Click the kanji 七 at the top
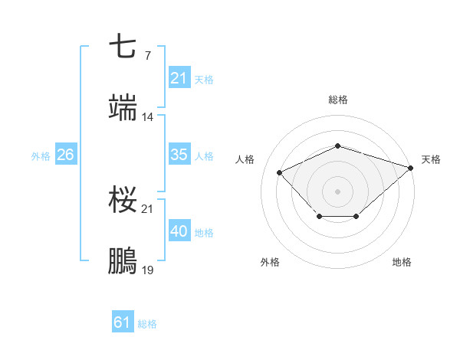pyautogui.click(x=123, y=47)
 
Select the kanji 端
pyautogui.click(x=123, y=108)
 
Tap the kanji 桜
pyautogui.click(x=123, y=200)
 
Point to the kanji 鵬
pyautogui.click(x=123, y=261)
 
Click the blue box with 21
pyautogui.click(x=179, y=78)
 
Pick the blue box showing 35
pyautogui.click(x=179, y=155)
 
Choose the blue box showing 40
pyautogui.click(x=179, y=231)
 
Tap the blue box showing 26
pyautogui.click(x=65, y=155)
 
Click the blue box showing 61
pyautogui.click(x=123, y=322)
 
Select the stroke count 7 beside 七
pyautogui.click(x=147, y=55)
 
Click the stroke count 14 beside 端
pyautogui.click(x=147, y=117)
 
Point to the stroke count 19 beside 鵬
pyautogui.click(x=147, y=270)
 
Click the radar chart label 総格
pyautogui.click(x=338, y=100)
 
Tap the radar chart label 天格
pyautogui.click(x=431, y=159)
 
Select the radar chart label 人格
pyautogui.click(x=245, y=159)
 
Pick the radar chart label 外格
pyautogui.click(x=270, y=262)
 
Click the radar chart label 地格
pyautogui.click(x=402, y=262)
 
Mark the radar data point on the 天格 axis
pyautogui.click(x=412, y=167)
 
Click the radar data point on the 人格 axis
pyautogui.click(x=280, y=172)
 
